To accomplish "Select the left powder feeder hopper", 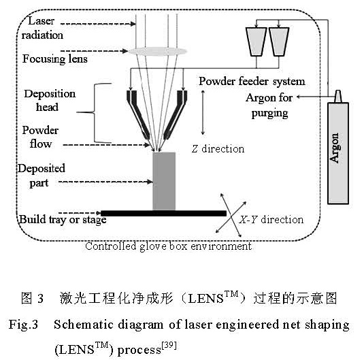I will click(x=259, y=42).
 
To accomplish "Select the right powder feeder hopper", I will click(x=280, y=42).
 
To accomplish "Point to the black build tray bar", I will click(x=163, y=213).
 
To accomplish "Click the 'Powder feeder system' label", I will click(x=252, y=82).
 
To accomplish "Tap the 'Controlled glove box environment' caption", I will click(x=168, y=246).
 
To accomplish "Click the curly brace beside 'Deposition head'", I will click(x=99, y=113).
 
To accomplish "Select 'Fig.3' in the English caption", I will click(x=26, y=325).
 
